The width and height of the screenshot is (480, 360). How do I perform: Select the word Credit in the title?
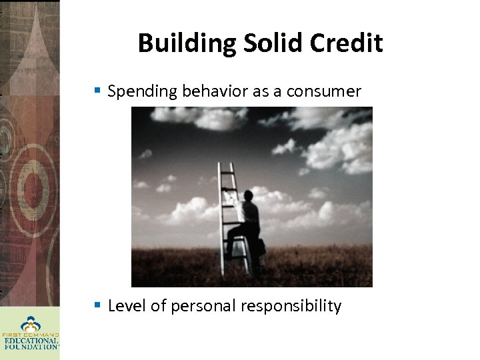[347, 43]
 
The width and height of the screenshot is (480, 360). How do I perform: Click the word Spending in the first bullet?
[135, 91]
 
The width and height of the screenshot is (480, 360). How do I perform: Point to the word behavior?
[208, 91]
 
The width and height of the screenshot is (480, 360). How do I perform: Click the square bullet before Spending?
[98, 90]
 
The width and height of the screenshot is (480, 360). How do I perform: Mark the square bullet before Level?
[98, 305]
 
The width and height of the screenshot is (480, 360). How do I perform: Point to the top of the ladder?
[226, 165]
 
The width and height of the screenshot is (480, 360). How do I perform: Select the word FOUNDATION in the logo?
[31, 347]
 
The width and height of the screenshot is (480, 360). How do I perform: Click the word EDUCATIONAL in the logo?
[31, 340]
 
